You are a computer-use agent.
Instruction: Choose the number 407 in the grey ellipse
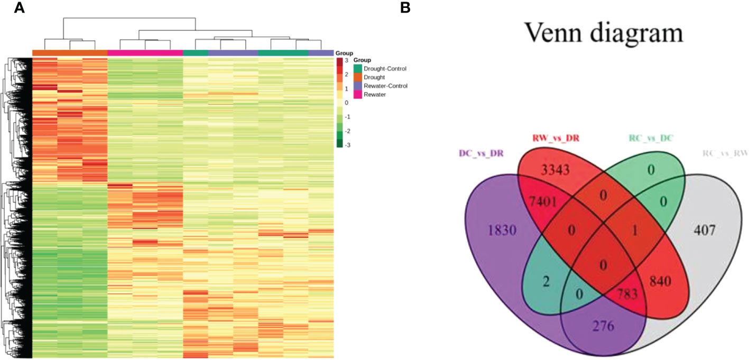706,230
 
